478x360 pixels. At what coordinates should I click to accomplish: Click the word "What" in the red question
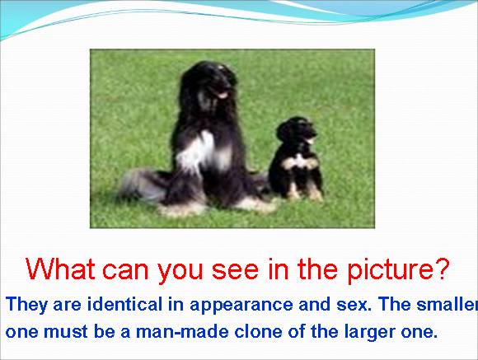[60, 269]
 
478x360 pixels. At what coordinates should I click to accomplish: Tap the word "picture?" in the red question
[398, 270]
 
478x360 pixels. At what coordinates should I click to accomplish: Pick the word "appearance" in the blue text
[241, 306]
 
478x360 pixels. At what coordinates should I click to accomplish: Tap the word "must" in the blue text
[66, 332]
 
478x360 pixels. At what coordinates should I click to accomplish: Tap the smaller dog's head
[297, 130]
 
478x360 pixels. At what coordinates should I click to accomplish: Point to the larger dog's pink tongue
[222, 95]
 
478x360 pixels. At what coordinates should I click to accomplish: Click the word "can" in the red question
[125, 271]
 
